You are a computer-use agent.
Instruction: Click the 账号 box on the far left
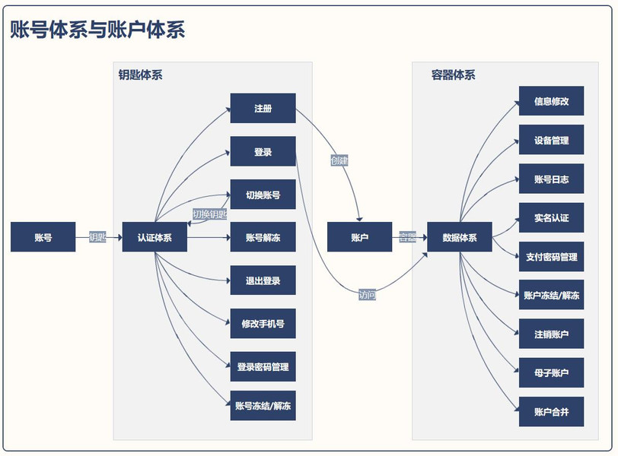[43, 237]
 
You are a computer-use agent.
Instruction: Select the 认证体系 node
[154, 237]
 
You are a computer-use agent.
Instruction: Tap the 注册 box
[263, 109]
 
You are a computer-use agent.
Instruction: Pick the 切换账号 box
[263, 195]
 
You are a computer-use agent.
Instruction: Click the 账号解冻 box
[263, 238]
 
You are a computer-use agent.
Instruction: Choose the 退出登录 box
[263, 280]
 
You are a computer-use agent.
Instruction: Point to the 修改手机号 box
[263, 324]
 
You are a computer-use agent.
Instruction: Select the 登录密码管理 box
[263, 367]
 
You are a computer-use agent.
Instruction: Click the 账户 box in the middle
[359, 237]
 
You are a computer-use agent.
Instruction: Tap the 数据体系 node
[460, 237]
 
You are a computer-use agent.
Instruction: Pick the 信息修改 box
[551, 101]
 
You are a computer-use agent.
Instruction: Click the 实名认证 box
[551, 218]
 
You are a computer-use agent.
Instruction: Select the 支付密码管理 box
[551, 257]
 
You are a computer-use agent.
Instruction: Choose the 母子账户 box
[551, 373]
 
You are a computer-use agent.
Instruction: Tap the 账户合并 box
[551, 412]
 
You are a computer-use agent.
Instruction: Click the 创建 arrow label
[339, 160]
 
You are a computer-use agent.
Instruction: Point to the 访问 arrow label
[367, 295]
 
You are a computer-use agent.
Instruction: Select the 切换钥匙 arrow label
[209, 214]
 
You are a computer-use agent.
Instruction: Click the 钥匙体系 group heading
[140, 75]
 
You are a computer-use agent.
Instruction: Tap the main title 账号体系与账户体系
[97, 30]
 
